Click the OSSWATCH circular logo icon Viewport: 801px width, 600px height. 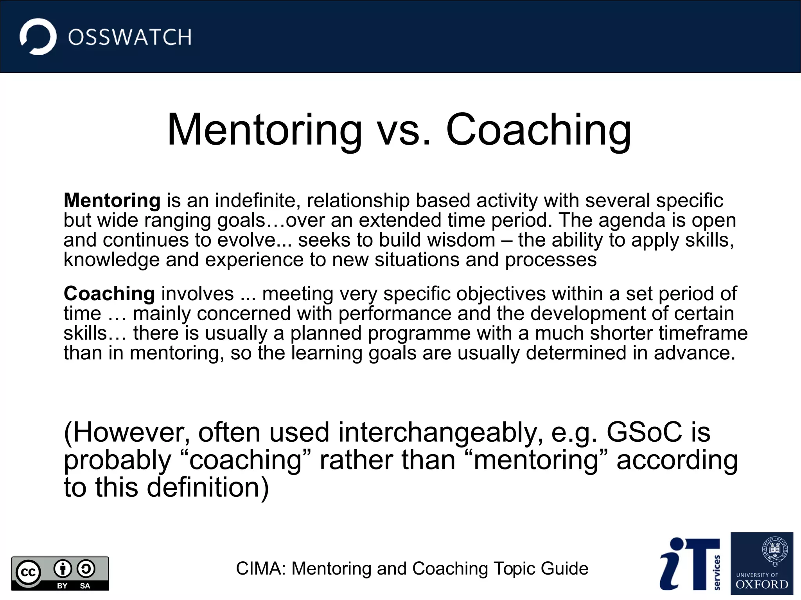click(38, 37)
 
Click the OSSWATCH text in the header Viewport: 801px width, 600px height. click(130, 38)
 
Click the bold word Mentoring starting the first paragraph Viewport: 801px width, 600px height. click(112, 201)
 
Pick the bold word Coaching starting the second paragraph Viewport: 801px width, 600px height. click(110, 294)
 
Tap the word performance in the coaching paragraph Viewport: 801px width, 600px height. click(395, 313)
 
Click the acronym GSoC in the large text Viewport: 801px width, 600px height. click(644, 432)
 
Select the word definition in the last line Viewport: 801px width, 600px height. click(203, 488)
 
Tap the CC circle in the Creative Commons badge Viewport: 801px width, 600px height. click(28, 573)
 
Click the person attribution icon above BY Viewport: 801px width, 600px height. click(63, 569)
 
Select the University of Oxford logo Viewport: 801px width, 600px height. click(761, 563)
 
